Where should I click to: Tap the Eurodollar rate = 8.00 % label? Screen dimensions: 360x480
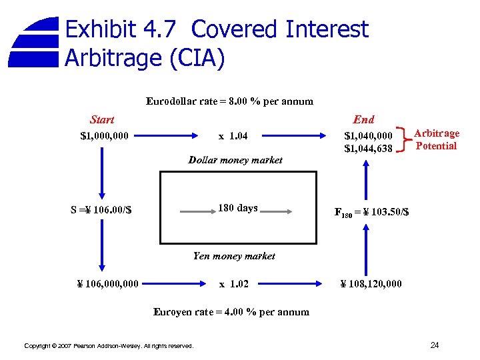229,102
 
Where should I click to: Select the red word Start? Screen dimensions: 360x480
102,120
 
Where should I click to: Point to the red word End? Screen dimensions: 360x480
363,120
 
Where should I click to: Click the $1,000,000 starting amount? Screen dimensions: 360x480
105,137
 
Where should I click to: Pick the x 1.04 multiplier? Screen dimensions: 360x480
233,137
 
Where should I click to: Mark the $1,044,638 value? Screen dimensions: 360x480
368,149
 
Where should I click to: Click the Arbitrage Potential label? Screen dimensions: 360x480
436,140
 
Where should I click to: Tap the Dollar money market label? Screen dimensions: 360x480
235,160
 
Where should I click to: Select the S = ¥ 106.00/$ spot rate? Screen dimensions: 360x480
101,211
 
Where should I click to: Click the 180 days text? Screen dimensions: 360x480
237,208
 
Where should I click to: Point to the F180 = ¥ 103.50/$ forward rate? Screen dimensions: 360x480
371,213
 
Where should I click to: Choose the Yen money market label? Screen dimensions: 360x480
234,255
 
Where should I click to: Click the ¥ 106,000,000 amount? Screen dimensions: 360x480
108,284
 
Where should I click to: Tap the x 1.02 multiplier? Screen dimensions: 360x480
234,284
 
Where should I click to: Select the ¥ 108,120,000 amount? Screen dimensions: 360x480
371,284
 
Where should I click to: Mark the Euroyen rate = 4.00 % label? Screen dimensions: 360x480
231,312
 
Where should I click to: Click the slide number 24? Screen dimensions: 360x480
435,345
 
